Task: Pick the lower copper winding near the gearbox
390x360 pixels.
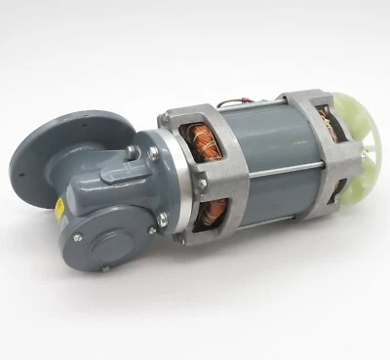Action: point(217,216)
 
